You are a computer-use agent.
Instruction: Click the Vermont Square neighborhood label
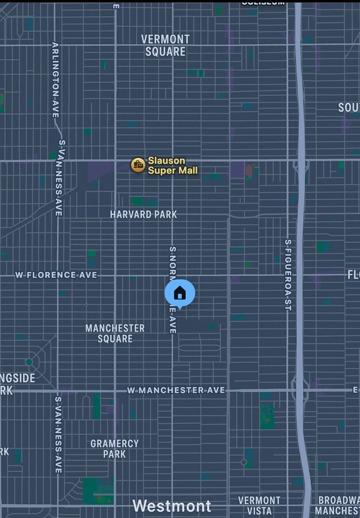pyautogui.click(x=165, y=45)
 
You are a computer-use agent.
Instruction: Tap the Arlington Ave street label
pyautogui.click(x=56, y=80)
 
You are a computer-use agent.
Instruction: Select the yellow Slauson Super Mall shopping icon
pyautogui.click(x=137, y=165)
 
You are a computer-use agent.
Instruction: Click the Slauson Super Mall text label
pyautogui.click(x=173, y=165)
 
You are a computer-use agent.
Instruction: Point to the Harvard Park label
pyautogui.click(x=143, y=214)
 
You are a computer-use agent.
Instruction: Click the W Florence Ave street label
pyautogui.click(x=56, y=275)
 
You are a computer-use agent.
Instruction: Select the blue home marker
pyautogui.click(x=179, y=294)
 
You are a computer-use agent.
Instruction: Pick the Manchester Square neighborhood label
pyautogui.click(x=115, y=333)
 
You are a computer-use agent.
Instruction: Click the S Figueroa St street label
pyautogui.click(x=288, y=275)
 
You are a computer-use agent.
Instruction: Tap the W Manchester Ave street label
pyautogui.click(x=176, y=390)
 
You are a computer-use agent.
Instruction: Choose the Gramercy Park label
pyautogui.click(x=114, y=448)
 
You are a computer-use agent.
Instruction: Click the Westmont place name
pyautogui.click(x=172, y=506)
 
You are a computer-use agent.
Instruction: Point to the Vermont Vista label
pyautogui.click(x=259, y=505)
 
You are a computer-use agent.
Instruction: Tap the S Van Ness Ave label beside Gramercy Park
pyautogui.click(x=58, y=435)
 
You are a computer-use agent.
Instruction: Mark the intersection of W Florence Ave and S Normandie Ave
pyautogui.click(x=172, y=276)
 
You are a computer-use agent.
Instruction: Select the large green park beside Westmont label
pyautogui.click(x=96, y=490)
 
